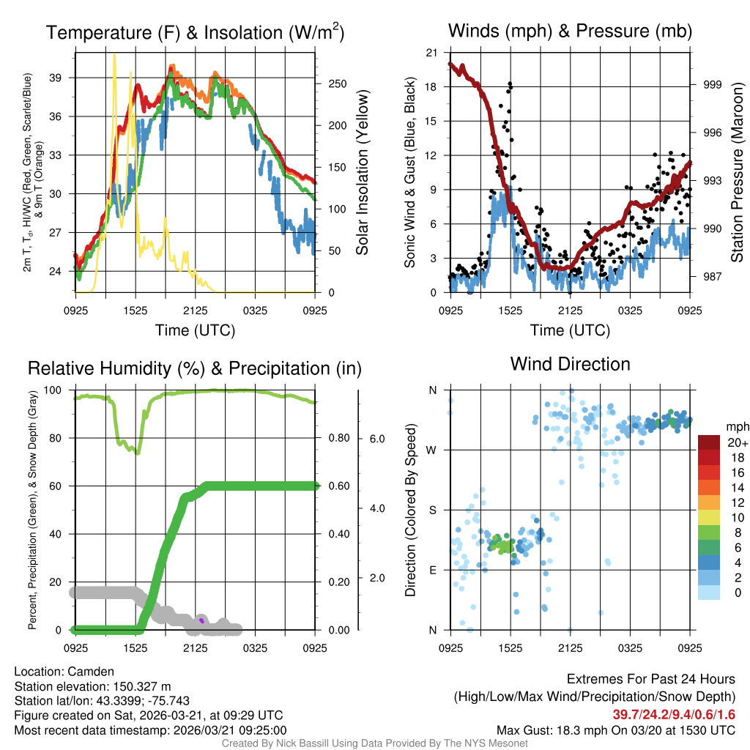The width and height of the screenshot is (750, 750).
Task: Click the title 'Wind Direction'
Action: (570, 364)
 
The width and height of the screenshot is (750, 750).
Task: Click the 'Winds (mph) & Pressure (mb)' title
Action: (570, 31)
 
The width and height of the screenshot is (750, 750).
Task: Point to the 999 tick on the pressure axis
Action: (713, 85)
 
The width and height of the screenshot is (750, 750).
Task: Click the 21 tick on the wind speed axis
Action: (432, 52)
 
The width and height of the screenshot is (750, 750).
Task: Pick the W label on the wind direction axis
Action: (432, 450)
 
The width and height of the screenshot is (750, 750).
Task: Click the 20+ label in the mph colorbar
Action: (736, 442)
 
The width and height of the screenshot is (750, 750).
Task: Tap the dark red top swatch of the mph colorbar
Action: (710, 442)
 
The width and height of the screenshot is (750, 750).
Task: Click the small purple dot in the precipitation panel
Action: (201, 620)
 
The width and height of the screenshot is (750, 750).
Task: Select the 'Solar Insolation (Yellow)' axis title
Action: (362, 173)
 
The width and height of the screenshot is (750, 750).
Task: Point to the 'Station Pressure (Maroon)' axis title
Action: (738, 173)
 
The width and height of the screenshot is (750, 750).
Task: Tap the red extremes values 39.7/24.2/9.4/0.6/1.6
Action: (674, 714)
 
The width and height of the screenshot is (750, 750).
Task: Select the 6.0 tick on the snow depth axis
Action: (376, 439)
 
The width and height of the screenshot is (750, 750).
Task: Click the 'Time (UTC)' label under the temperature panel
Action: (195, 330)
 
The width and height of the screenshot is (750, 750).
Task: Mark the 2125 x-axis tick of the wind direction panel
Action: (570, 647)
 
